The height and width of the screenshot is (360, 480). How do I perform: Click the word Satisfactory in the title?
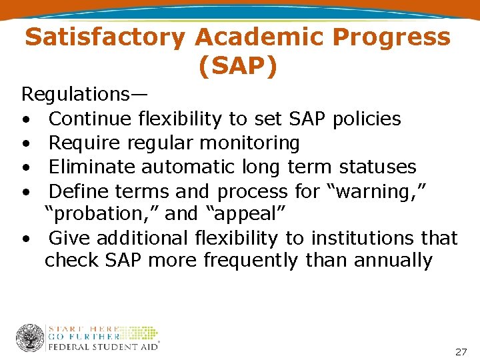point(104,38)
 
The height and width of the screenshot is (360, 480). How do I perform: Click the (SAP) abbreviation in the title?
point(238,67)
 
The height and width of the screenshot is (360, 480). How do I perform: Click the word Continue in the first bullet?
point(91,119)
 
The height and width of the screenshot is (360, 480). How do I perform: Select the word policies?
point(366,119)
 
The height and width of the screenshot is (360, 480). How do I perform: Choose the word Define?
point(79,191)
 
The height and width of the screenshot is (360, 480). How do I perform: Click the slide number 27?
point(461,351)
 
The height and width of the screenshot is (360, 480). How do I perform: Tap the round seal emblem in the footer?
point(31,337)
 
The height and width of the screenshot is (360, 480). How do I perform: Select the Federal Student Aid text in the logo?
point(104,346)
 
